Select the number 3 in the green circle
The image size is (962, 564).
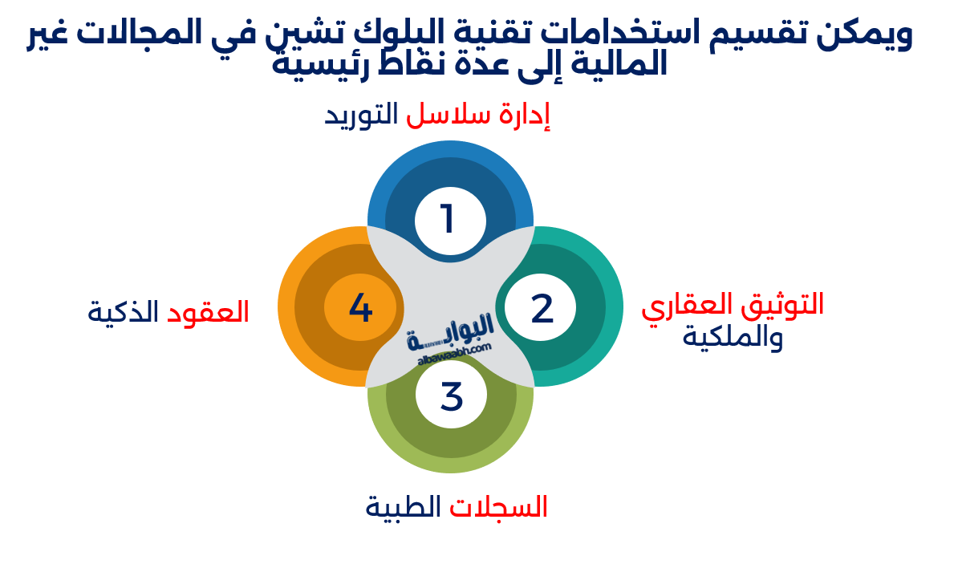[x=452, y=396]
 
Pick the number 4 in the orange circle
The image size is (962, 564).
[x=360, y=309]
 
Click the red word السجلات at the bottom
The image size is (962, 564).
[x=499, y=507]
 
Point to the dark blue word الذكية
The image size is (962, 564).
[x=123, y=311]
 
